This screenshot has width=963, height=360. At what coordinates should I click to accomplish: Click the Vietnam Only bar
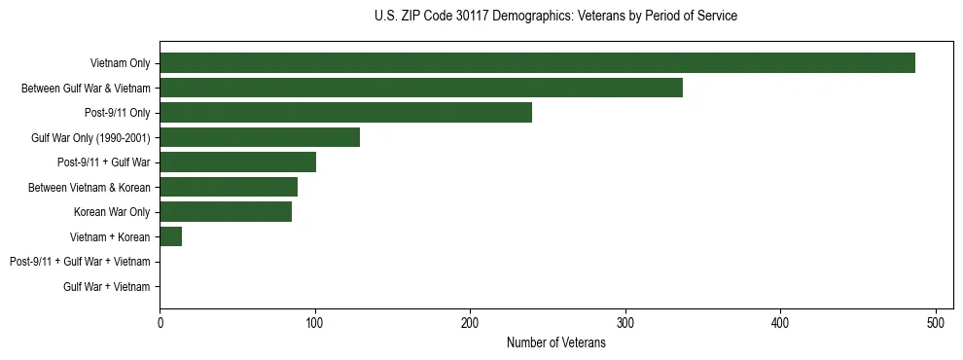point(537,63)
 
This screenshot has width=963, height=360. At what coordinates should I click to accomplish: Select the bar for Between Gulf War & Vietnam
point(421,88)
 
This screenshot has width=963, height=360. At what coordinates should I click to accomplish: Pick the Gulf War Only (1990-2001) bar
point(260,137)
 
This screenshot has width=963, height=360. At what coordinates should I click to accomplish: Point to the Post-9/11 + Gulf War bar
point(237,162)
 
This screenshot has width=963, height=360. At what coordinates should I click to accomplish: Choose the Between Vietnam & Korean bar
point(229,187)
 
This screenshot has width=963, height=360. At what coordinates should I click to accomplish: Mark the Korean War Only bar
point(226,211)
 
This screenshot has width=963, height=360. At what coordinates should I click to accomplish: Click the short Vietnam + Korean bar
point(171,236)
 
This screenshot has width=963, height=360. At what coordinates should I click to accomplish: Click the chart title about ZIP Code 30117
point(555,17)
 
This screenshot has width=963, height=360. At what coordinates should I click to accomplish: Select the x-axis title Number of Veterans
point(555,343)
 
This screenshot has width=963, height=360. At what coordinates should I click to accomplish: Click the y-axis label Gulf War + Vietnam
point(107,286)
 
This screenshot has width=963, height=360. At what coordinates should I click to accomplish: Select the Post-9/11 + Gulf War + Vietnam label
point(80,262)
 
